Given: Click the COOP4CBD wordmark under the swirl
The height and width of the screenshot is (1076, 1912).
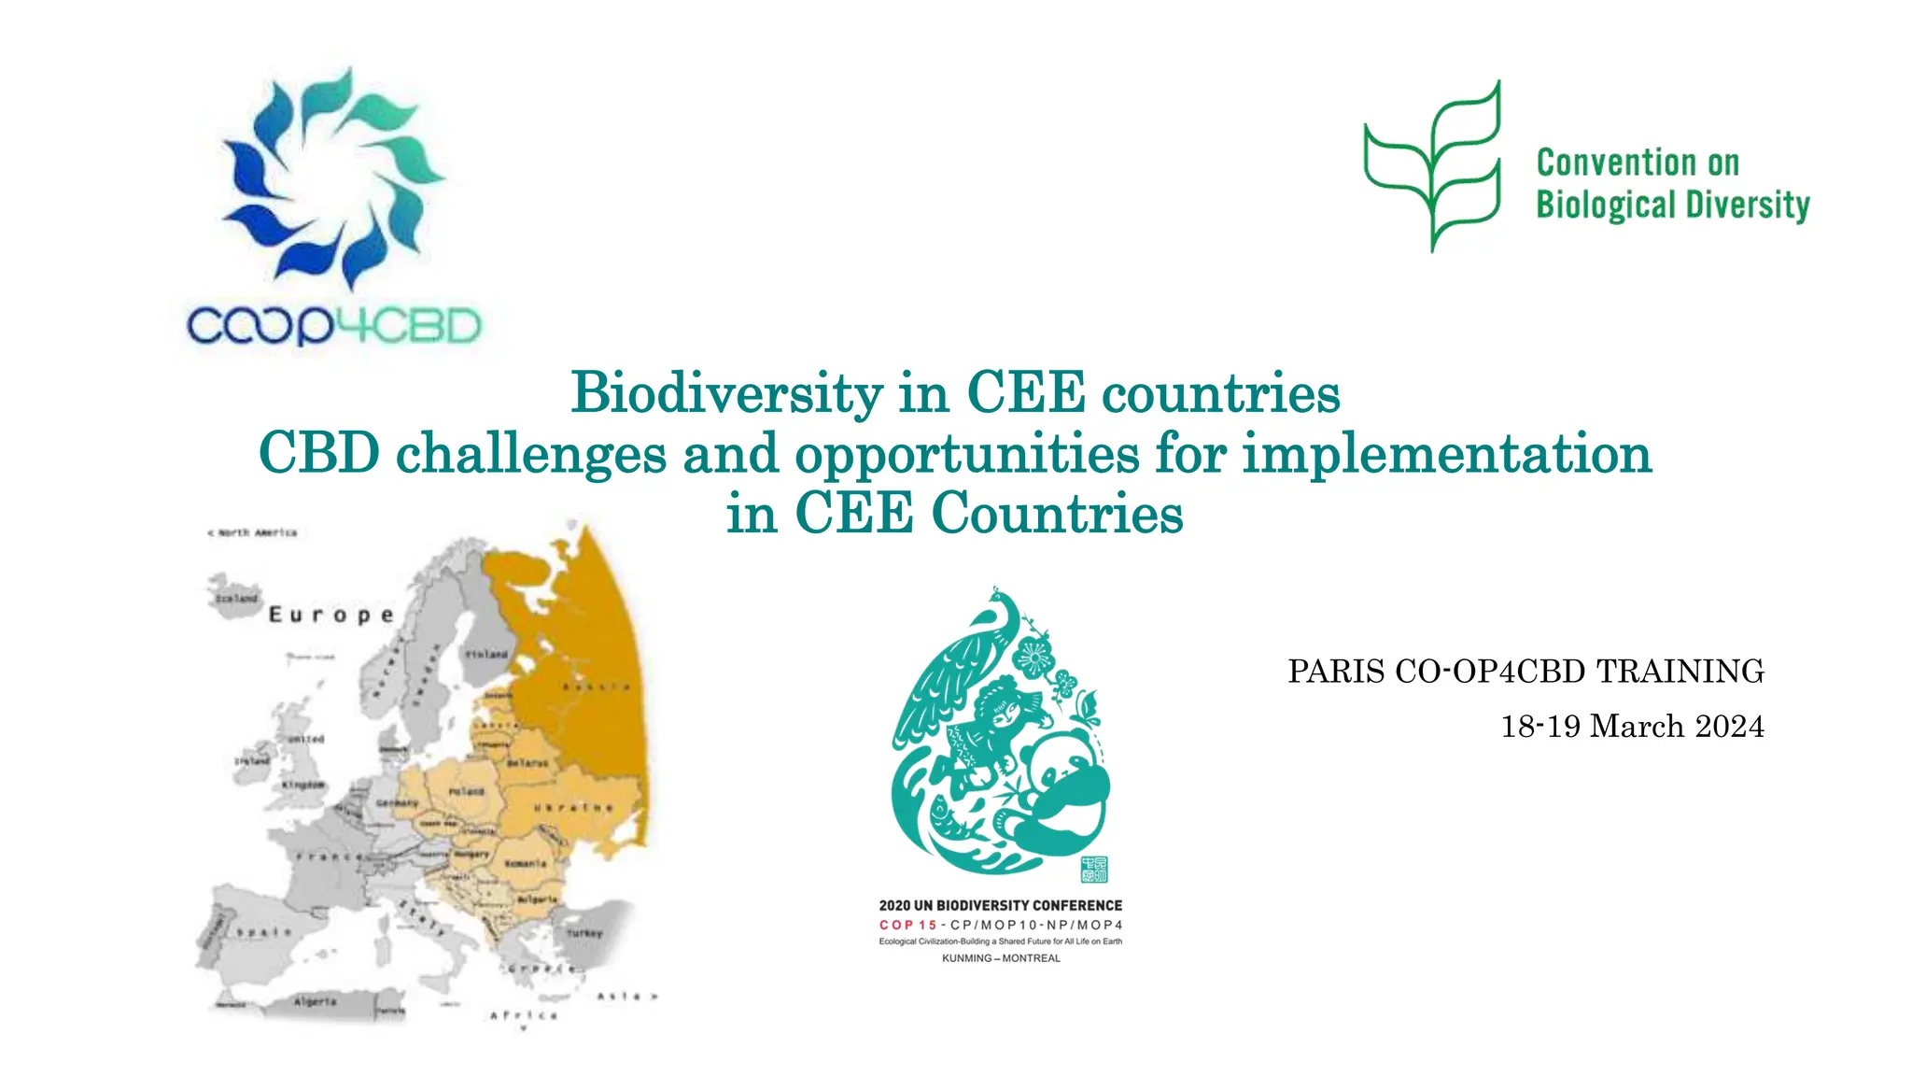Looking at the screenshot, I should coord(333,326).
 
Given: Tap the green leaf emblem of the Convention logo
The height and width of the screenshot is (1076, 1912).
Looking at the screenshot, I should coord(1433,166).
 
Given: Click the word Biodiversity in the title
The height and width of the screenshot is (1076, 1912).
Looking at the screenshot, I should coord(726,392).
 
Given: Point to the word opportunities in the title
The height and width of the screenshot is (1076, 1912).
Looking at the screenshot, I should coord(966,454).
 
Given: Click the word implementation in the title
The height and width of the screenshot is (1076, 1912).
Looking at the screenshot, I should coord(1446,454).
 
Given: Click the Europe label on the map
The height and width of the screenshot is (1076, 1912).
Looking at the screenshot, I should coord(331,615).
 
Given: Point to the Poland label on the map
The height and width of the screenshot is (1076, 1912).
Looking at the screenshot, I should coord(466,791).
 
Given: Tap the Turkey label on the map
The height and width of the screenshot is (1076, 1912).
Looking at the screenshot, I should coord(584,932).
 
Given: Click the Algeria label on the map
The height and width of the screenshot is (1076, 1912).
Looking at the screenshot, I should coord(315,1001).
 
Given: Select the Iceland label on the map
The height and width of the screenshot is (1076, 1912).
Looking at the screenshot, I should coord(235,598).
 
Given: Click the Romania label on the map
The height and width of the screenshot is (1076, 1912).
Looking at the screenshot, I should coord(525,863).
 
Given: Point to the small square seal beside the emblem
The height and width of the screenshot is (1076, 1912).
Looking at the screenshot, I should coord(1093,869).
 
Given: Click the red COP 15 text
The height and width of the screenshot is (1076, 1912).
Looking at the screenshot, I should coord(907,925).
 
